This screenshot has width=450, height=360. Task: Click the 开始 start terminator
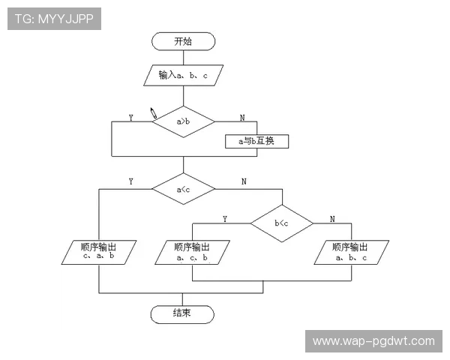pos(183,41)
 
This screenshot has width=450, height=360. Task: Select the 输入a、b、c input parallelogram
pos(184,75)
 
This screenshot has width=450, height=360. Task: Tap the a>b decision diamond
pos(184,121)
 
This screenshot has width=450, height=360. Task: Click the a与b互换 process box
pos(256,141)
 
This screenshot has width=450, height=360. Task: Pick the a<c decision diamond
pos(184,189)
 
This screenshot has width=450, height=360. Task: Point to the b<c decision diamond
pos(282,223)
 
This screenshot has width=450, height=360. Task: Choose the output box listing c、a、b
pos(99,252)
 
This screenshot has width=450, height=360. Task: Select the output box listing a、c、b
pos(192,252)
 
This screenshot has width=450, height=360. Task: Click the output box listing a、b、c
pos(352,252)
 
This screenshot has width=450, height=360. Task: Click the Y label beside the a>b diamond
pos(130,118)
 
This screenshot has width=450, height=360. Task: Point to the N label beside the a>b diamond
pos(242,118)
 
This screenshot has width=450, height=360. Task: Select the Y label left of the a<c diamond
pos(130,181)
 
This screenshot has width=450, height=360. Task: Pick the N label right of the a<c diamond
pos(244,181)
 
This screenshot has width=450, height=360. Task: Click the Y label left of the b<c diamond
pos(225,219)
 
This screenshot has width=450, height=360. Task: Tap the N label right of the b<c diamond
pos(332,219)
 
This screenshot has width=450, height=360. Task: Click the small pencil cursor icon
pos(154,112)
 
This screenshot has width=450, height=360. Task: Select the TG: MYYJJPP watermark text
pos(54,19)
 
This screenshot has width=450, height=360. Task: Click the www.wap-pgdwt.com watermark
pos(373,341)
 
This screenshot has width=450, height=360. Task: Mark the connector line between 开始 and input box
pos(184,58)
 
